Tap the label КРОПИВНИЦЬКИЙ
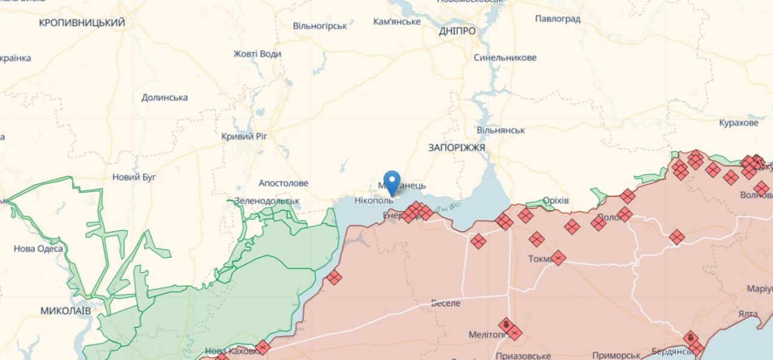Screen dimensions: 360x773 tap(82, 23)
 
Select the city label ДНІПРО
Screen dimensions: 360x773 tap(457, 31)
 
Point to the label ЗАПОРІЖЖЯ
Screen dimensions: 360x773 tap(457, 147)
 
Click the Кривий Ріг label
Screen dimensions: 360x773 tap(244, 137)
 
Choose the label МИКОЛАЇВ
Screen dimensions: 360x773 tap(66, 310)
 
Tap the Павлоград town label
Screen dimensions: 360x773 tap(557, 19)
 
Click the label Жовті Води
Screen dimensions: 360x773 tap(257, 54)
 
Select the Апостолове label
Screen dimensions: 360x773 tap(283, 183)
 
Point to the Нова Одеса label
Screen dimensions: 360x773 tap(38, 249)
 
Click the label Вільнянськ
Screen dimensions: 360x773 tap(501, 130)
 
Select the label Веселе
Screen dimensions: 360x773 tap(446, 303)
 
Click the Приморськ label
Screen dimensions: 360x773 tap(616, 355)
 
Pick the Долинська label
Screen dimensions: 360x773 tap(164, 97)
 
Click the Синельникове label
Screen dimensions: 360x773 tap(505, 58)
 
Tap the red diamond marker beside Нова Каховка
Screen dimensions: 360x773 tap(262, 347)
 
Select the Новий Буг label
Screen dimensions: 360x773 tap(134, 177)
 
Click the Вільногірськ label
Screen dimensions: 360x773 tap(319, 26)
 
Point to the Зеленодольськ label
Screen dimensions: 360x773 tap(267, 201)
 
